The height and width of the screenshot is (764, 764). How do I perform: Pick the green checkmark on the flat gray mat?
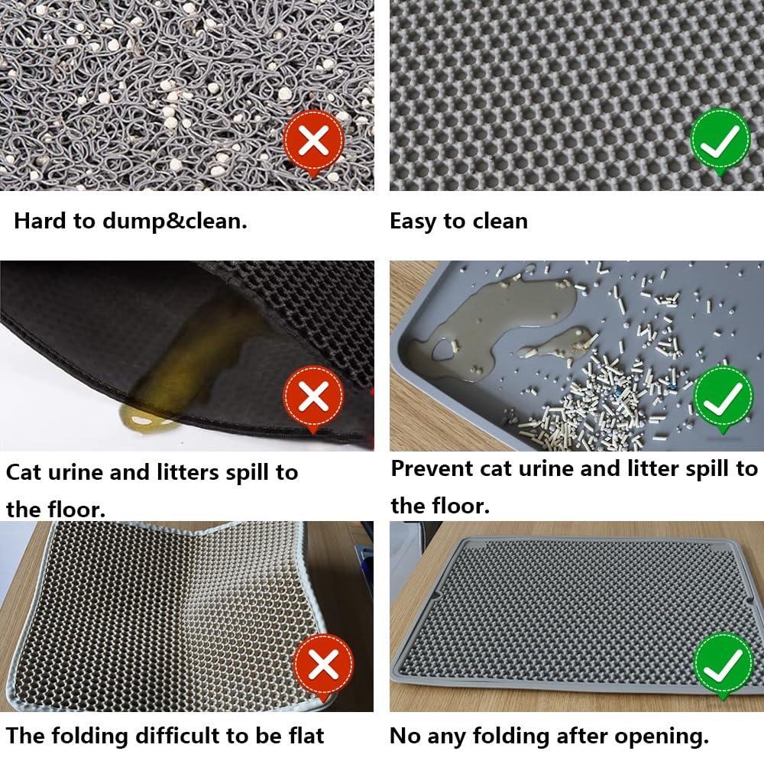click(722, 664)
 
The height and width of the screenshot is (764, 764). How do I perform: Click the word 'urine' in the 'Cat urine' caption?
click(73, 472)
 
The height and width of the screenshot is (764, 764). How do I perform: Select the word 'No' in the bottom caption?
click(404, 736)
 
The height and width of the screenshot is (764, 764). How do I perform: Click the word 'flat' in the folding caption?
click(304, 736)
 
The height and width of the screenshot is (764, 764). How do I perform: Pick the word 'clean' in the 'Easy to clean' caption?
click(499, 222)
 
